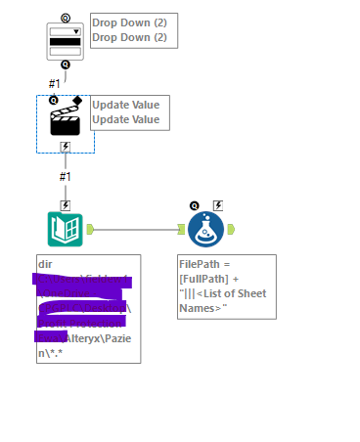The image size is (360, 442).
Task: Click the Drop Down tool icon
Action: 65,42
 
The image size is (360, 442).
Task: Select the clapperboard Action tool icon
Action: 65,121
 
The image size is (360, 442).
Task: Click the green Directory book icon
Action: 65,229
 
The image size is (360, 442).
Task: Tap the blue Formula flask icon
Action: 206,230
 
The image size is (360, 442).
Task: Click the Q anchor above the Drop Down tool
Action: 65,18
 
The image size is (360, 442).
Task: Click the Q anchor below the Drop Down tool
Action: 65,66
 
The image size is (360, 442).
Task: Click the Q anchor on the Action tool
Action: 54,100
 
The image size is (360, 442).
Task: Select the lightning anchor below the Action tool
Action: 65,147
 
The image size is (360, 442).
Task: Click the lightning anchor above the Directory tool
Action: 65,205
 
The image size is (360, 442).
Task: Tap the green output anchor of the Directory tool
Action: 89,230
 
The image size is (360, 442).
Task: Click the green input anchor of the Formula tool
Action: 181,230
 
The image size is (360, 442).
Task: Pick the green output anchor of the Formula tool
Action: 231,230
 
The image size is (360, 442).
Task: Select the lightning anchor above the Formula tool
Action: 217,205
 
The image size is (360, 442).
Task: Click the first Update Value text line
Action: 125,105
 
